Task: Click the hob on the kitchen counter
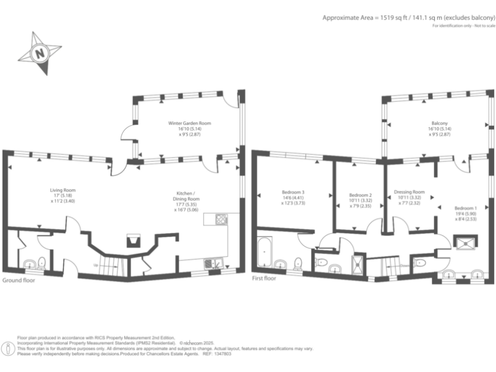[220, 219]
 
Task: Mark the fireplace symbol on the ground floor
[134, 241]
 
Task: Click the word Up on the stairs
[96, 265]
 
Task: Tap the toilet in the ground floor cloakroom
[41, 262]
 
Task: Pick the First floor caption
[264, 278]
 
